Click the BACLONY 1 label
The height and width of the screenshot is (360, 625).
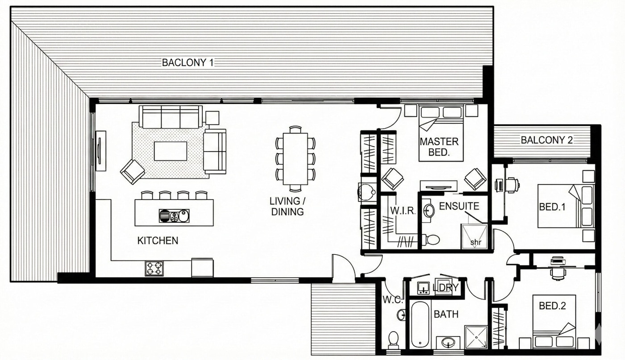tap(187, 62)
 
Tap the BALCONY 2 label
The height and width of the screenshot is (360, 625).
tap(546, 140)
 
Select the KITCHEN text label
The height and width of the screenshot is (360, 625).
tap(158, 240)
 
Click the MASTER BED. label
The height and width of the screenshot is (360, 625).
tap(439, 147)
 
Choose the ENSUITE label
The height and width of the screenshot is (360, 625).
tap(459, 206)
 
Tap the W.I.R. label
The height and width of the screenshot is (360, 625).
tap(403, 211)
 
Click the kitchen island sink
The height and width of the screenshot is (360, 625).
tap(174, 216)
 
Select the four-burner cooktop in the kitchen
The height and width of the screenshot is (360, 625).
tap(154, 269)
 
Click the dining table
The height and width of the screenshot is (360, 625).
tap(295, 159)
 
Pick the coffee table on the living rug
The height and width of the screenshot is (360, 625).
tap(171, 151)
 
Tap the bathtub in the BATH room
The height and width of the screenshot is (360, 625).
tap(420, 324)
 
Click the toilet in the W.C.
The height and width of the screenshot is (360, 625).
tap(393, 340)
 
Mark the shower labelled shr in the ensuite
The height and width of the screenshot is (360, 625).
tap(475, 236)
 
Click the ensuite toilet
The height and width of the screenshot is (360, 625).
tap(430, 240)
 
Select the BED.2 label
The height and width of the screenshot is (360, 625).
tap(552, 306)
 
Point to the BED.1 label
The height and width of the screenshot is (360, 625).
tap(552, 207)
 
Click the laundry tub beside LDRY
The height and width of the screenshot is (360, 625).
tap(424, 288)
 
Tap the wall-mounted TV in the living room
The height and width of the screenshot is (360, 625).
tap(101, 151)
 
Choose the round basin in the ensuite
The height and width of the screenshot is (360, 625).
tap(428, 211)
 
